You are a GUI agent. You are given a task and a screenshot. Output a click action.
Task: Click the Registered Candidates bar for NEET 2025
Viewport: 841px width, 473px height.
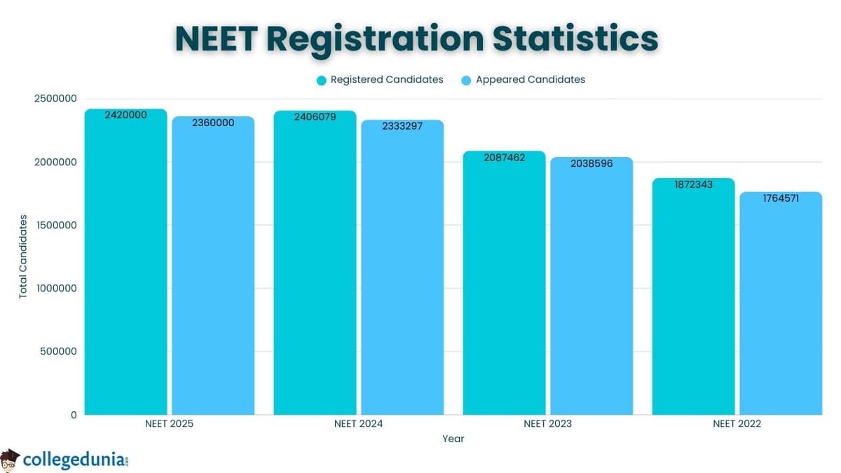126,266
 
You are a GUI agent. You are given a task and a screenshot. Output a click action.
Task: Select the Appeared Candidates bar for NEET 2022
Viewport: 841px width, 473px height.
781,308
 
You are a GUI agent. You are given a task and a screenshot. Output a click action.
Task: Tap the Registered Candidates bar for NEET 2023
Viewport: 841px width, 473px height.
504,287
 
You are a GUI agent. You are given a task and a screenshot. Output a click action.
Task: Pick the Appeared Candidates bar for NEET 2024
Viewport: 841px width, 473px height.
402,273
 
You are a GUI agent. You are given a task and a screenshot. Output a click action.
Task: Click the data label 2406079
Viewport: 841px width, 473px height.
315,117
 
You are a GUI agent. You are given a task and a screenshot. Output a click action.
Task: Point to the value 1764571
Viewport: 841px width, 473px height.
781,198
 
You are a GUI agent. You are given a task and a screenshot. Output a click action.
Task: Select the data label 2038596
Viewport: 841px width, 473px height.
592,163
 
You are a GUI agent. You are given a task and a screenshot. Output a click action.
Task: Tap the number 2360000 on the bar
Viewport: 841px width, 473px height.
213,123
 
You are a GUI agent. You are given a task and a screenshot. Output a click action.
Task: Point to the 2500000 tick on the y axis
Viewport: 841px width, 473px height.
55,99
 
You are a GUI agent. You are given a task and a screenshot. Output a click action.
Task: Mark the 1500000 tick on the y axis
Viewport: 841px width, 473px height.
55,225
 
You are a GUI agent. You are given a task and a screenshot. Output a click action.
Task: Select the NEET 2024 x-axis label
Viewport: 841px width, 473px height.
359,424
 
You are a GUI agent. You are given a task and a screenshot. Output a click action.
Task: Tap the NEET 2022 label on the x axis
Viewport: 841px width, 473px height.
737,424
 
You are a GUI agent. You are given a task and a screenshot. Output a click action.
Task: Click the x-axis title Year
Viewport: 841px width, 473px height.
453,439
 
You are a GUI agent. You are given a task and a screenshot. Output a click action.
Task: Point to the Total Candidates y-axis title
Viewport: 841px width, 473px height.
23,256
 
